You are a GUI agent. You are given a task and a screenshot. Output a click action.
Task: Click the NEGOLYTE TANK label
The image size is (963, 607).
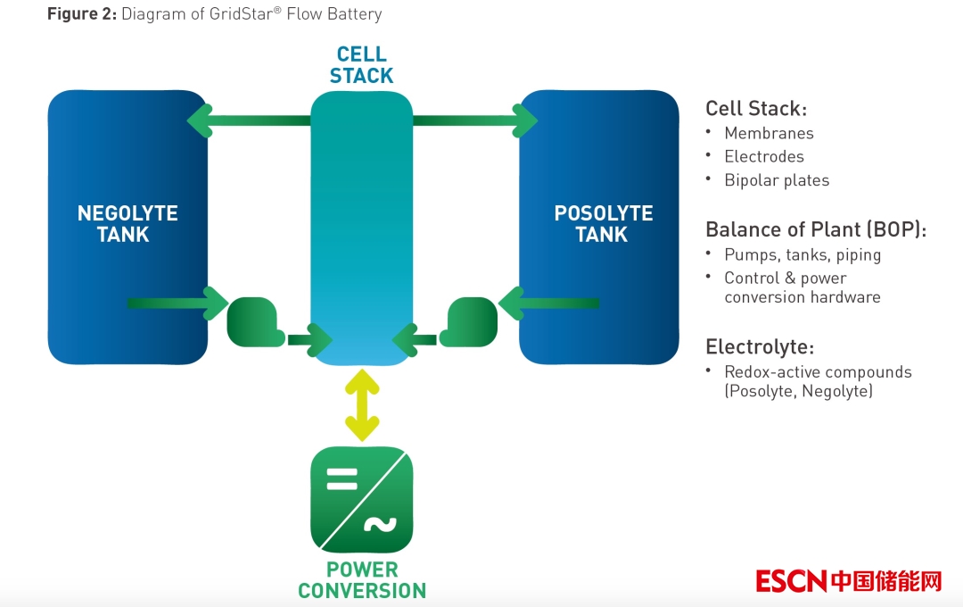(x=128, y=224)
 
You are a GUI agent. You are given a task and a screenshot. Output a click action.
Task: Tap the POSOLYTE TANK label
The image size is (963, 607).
(x=603, y=224)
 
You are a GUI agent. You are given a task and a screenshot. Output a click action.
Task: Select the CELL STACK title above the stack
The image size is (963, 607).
(x=361, y=65)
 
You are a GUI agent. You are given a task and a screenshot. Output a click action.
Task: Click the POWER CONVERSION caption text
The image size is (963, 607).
(x=361, y=580)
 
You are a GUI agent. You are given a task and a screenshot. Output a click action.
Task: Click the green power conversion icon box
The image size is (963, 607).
(x=361, y=499)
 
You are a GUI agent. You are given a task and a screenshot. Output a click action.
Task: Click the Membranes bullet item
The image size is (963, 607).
(x=769, y=134)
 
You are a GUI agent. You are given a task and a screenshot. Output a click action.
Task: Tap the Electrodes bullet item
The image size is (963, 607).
(x=764, y=157)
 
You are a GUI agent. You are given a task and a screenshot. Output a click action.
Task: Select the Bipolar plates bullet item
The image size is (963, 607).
(x=777, y=180)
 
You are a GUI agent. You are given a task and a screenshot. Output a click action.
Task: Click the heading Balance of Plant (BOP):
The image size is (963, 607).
(x=816, y=229)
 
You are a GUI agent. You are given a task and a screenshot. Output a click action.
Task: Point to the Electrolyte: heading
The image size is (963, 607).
(x=760, y=347)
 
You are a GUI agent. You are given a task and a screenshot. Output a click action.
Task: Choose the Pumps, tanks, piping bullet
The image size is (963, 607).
(x=802, y=255)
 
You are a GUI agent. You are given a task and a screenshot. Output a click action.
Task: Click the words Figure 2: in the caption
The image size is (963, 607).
(x=81, y=14)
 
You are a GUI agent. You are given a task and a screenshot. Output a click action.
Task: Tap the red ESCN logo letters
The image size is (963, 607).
(x=791, y=581)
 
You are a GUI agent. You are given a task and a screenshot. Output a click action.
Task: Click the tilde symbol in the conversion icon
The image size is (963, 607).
(x=379, y=526)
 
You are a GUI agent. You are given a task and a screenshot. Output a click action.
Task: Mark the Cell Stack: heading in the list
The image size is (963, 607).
(x=755, y=109)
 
